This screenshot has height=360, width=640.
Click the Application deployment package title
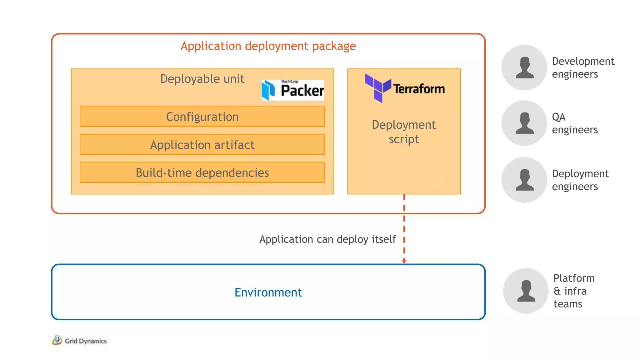tap(268, 46)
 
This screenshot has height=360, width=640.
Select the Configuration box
tap(202, 117)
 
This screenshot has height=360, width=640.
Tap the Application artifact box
tap(202, 145)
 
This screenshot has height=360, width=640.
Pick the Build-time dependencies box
tap(202, 172)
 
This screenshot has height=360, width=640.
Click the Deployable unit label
tap(202, 79)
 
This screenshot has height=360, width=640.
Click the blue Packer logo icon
tap(268, 90)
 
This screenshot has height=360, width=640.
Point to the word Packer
tap(302, 91)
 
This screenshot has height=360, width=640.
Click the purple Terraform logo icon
tap(377, 87)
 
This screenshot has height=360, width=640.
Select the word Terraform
tap(419, 89)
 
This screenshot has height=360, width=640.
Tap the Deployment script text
tap(404, 132)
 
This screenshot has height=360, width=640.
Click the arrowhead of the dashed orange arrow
tap(404, 261)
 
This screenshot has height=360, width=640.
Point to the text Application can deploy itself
tap(327, 239)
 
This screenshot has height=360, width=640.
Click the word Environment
tap(268, 292)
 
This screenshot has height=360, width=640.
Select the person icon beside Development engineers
tap(524, 67)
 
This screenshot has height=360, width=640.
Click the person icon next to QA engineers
tap(524, 123)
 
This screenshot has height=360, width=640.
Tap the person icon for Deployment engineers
tap(524, 180)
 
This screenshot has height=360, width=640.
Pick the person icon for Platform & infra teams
tap(526, 291)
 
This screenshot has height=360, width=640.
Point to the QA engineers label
tap(574, 123)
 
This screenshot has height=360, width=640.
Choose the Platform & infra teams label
tap(574, 291)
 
